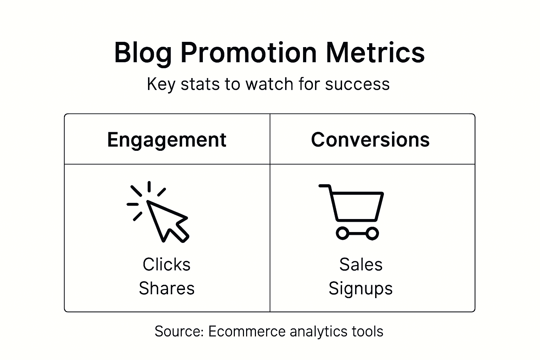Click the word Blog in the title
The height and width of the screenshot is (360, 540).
143,53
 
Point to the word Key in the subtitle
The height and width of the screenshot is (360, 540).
161,84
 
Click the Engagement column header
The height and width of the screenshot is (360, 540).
167,140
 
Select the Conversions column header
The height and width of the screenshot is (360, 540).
370,140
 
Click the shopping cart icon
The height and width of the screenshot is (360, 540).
353,211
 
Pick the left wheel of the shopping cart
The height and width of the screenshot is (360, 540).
342,233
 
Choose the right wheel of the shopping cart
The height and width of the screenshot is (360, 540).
372,233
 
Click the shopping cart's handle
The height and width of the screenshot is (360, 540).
324,186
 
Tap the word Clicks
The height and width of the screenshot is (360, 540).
167,264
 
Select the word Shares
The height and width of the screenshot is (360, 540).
167,288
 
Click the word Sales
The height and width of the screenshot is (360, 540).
361,264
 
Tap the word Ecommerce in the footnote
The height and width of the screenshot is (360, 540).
247,332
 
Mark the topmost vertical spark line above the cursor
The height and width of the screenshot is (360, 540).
149,186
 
